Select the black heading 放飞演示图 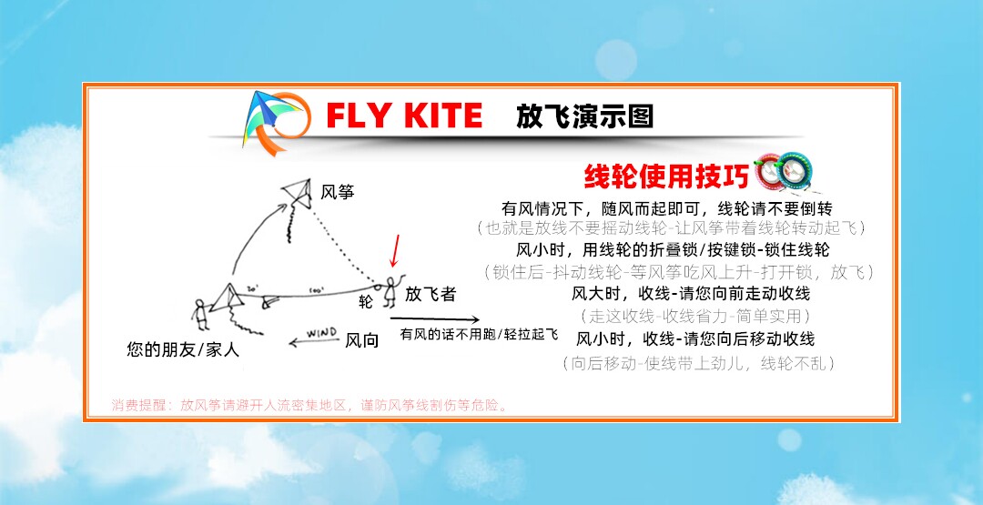pyautogui.click(x=584, y=116)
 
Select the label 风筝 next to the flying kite pyautogui.click(x=337, y=192)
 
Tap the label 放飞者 pyautogui.click(x=431, y=295)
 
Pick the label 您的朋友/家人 pyautogui.click(x=183, y=349)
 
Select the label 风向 pyautogui.click(x=362, y=341)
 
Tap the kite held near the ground pyautogui.click(x=228, y=298)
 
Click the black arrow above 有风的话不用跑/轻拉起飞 pyautogui.click(x=435, y=318)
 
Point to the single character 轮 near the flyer pyautogui.click(x=366, y=301)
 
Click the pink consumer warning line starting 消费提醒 pyautogui.click(x=309, y=406)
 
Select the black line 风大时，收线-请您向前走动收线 pyautogui.click(x=691, y=294)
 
